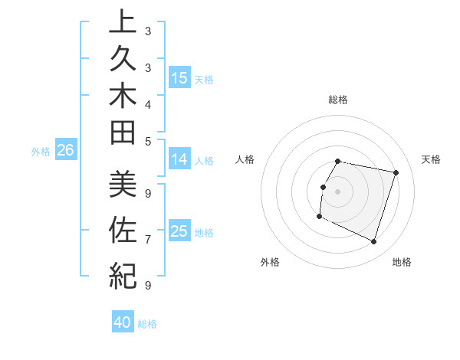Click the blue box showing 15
tap(179, 77)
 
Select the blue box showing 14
tap(179, 159)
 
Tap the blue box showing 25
tap(179, 231)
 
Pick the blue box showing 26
tap(66, 150)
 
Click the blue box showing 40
tap(123, 322)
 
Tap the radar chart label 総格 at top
tap(338, 100)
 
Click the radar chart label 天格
tap(431, 159)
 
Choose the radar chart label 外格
tap(270, 262)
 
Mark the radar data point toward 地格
tap(373, 242)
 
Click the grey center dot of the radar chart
tap(338, 191)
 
